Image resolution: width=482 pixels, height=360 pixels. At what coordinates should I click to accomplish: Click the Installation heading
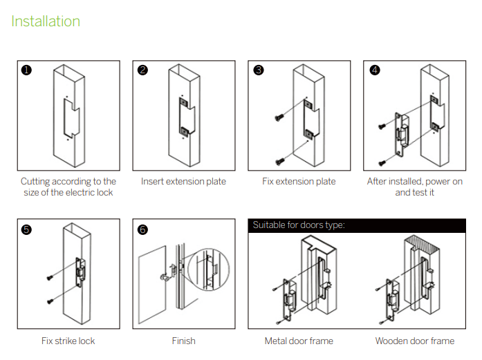point(46,21)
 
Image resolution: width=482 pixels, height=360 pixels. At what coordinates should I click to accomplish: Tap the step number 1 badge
point(26,70)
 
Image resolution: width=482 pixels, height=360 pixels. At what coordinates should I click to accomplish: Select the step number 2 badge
point(142,70)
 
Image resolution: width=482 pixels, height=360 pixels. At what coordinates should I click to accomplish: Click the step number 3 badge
point(258,70)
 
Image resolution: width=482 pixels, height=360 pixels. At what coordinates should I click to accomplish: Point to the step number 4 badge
point(374,70)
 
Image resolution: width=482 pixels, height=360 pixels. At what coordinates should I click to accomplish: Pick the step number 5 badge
point(26,229)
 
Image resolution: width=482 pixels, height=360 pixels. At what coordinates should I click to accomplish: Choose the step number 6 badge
point(142,229)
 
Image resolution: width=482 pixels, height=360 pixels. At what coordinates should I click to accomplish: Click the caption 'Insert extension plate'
point(183,182)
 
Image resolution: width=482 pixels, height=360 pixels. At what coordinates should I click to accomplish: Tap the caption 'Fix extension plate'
point(299,182)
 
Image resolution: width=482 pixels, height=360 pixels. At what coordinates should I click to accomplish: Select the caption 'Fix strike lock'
point(68,341)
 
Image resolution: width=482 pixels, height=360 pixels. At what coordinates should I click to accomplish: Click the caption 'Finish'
point(183,341)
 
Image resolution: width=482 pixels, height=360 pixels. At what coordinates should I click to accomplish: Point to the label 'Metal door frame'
point(299,341)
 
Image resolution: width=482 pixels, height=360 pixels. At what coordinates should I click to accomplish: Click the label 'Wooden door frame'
point(415,341)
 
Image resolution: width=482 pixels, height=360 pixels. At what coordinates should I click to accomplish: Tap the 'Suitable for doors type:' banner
point(299,225)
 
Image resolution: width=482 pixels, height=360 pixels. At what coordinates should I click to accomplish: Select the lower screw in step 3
point(280,160)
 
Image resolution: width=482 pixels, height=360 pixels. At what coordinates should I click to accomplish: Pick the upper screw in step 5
point(50,278)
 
